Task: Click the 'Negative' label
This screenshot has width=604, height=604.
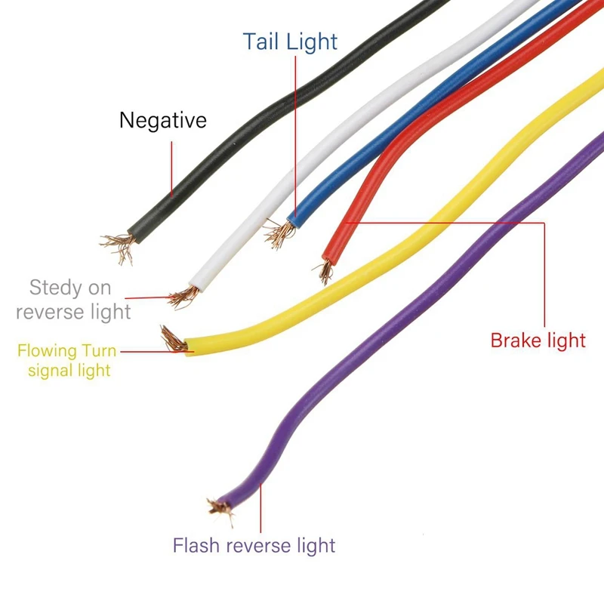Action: point(162,121)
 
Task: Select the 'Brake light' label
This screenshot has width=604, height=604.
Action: point(538,341)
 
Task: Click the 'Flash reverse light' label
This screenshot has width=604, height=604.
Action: point(254,545)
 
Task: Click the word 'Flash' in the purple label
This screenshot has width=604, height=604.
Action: point(194,545)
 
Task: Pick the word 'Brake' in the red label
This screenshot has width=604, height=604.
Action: point(515,341)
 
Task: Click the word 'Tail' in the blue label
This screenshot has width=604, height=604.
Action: point(261,41)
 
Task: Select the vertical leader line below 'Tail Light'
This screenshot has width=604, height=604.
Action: point(295,136)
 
